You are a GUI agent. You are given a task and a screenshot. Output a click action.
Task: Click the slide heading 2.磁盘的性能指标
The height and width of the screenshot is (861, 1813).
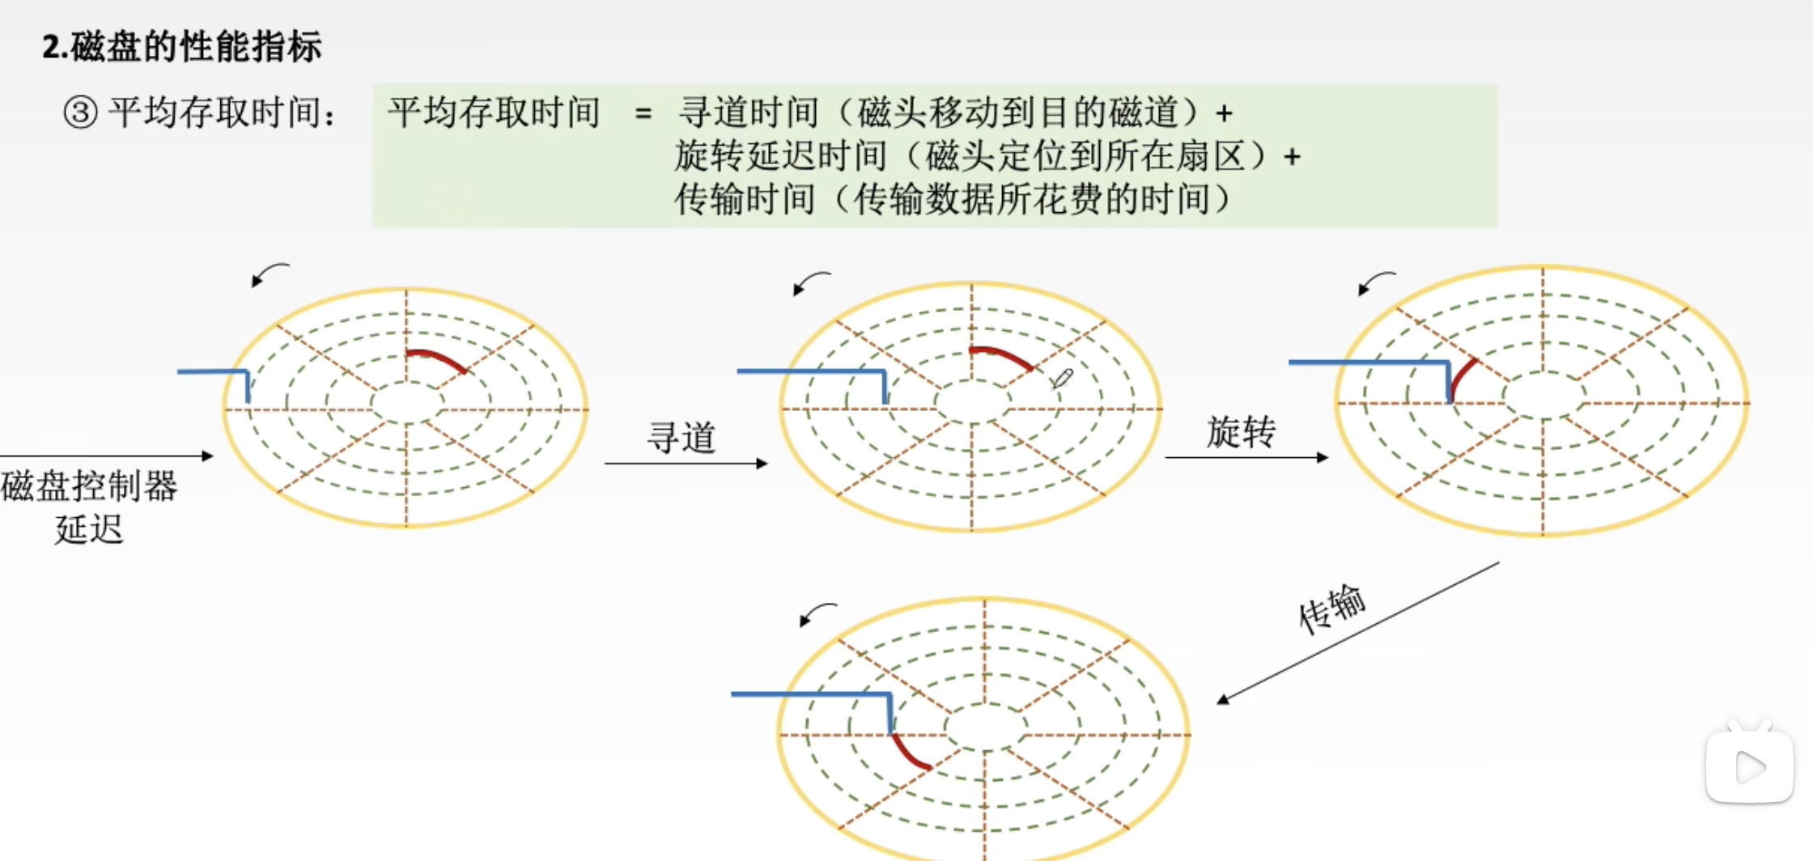(x=182, y=46)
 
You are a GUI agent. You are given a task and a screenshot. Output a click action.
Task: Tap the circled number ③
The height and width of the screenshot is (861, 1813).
(x=80, y=112)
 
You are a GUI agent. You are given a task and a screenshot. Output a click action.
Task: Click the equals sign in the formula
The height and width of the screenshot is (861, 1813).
(x=643, y=113)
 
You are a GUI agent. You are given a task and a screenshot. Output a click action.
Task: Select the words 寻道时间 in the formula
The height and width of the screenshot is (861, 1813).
(x=749, y=112)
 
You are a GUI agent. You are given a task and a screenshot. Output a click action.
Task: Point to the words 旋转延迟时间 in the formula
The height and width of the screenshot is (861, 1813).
(x=780, y=156)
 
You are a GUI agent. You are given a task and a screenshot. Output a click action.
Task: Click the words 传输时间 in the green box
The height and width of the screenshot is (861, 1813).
(x=745, y=200)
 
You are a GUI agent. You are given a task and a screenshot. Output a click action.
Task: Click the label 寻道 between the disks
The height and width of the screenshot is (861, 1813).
(x=681, y=438)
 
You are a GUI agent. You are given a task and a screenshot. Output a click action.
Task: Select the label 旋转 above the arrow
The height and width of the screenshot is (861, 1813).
(x=1241, y=432)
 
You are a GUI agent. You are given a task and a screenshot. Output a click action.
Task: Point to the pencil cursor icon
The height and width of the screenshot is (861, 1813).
(x=1062, y=378)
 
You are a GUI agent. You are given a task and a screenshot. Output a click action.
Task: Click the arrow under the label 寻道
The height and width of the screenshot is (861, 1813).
(x=686, y=464)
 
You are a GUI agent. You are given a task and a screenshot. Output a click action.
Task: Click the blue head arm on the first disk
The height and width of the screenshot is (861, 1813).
(x=214, y=373)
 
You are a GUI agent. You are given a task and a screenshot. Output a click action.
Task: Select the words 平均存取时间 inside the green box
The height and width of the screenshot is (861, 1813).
(x=494, y=112)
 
